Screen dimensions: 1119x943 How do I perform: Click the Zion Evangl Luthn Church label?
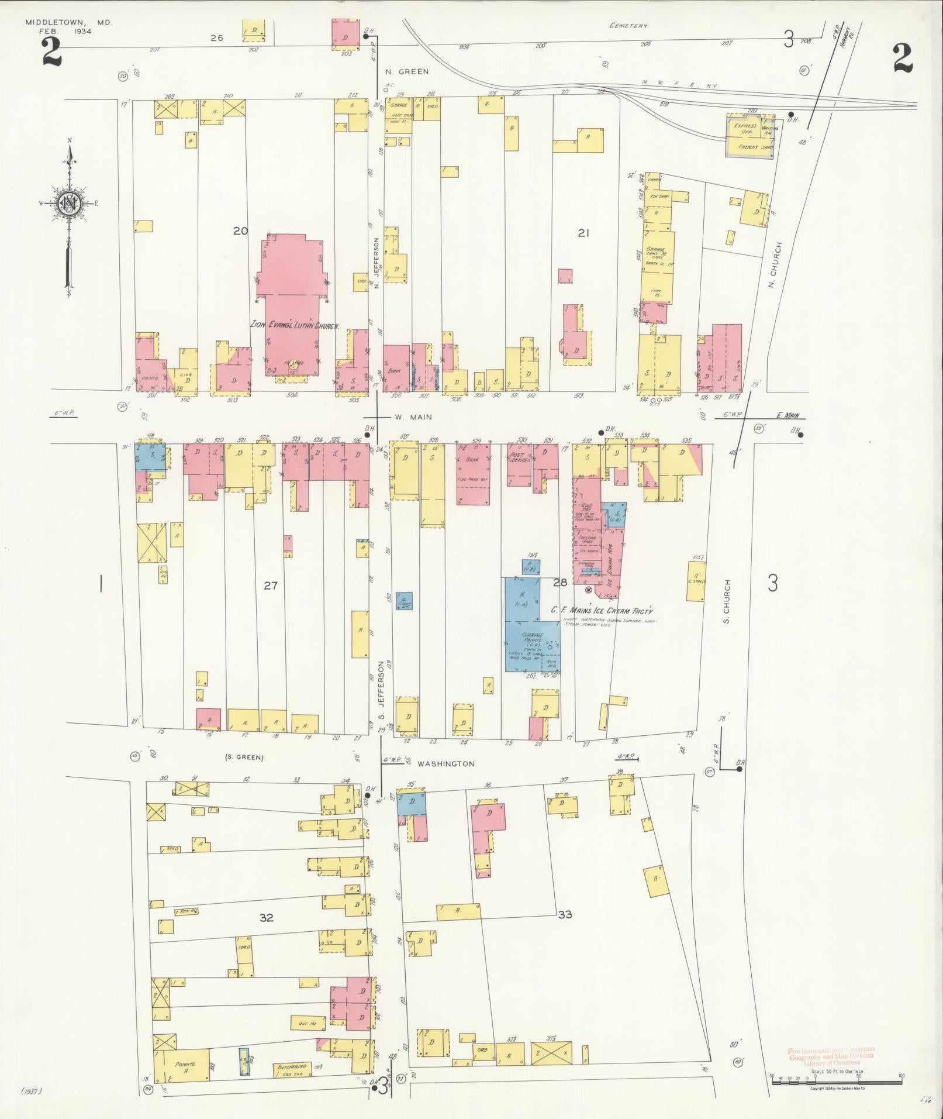pos(295,325)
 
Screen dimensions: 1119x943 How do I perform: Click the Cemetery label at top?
pos(628,26)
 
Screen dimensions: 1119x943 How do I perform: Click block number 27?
pos(270,585)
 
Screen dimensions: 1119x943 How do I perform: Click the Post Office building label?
pos(518,457)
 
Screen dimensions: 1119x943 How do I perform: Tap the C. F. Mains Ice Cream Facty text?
pos(602,610)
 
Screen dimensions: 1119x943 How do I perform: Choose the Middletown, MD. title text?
pos(68,22)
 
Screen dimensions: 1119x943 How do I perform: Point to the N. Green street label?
pos(407,71)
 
